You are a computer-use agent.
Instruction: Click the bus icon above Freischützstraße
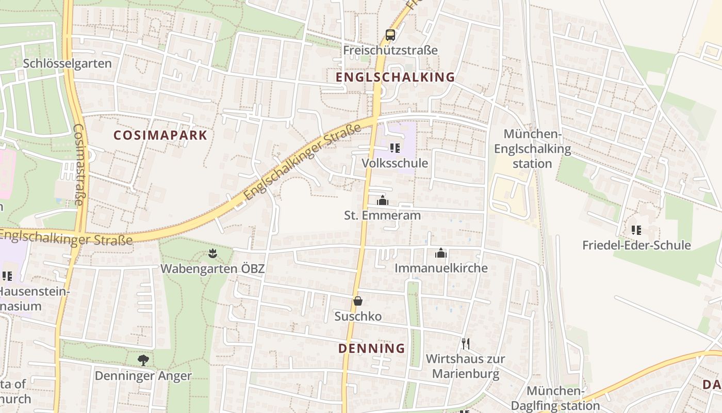point(390,35)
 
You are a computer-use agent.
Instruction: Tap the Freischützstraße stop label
point(390,50)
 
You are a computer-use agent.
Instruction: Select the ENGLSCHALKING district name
point(396,77)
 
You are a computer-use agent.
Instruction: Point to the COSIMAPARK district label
point(160,136)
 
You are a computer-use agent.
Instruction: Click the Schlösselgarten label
point(68,63)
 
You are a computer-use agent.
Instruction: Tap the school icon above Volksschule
point(395,149)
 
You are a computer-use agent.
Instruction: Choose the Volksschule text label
point(395,163)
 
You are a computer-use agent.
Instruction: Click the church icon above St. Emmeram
point(383,200)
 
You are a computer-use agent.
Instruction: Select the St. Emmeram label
point(383,215)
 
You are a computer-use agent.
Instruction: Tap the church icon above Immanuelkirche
point(441,253)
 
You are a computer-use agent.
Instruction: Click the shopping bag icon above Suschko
point(358,301)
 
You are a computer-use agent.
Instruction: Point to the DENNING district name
point(372,348)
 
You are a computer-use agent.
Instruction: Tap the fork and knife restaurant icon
point(465,343)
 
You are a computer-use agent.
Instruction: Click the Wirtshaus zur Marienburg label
point(466,366)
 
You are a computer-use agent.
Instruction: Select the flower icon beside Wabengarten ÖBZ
point(212,253)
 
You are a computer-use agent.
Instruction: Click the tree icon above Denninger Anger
point(143,360)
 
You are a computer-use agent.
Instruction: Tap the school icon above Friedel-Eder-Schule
point(636,230)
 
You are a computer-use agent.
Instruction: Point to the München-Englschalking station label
point(533,149)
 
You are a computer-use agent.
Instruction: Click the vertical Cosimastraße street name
point(79,164)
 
